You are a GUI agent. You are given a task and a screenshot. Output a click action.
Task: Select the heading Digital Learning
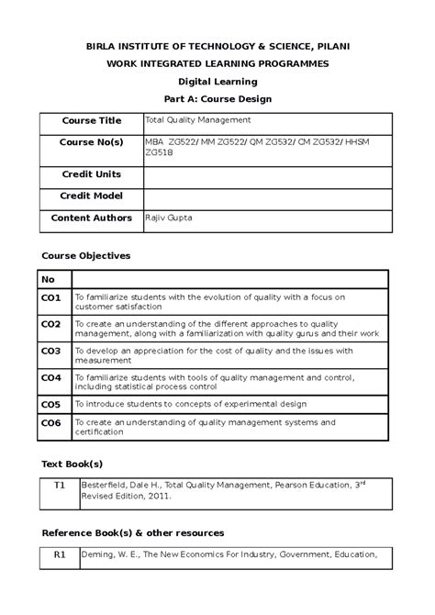(x=217, y=81)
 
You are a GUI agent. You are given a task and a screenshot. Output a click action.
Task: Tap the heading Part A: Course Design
(x=217, y=98)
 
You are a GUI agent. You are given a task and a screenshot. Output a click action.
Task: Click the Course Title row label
(x=91, y=121)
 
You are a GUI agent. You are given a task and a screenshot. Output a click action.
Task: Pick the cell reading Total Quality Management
(x=198, y=120)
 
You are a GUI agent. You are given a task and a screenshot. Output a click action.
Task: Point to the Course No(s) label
(x=91, y=143)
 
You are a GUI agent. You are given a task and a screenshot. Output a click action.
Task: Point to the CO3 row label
(x=50, y=351)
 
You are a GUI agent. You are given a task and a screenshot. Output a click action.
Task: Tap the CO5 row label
(x=50, y=404)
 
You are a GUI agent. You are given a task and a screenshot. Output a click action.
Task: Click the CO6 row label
(x=50, y=423)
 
